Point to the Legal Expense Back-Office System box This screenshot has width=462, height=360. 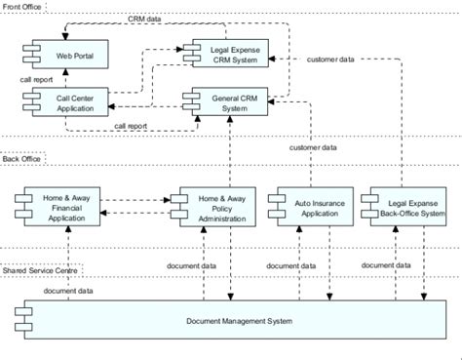click(x=399, y=206)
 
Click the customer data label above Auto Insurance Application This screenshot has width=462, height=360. click(x=313, y=147)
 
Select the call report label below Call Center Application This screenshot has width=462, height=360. click(x=130, y=125)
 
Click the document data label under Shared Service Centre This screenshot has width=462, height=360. click(x=68, y=291)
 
